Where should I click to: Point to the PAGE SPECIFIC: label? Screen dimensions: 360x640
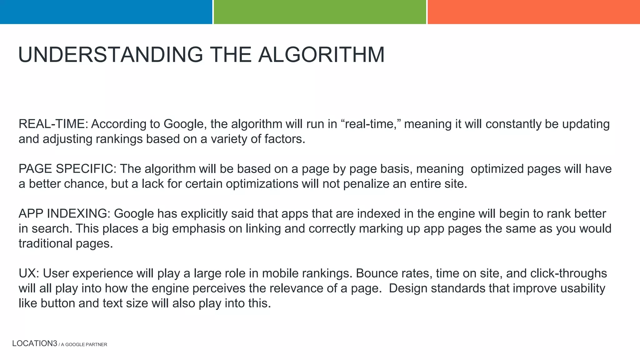[x=67, y=169]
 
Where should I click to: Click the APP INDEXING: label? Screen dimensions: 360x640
[x=64, y=214]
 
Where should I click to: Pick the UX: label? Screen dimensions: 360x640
[x=29, y=273]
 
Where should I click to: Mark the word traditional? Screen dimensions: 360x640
[x=45, y=243]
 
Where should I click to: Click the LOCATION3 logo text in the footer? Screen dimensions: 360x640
[x=35, y=343]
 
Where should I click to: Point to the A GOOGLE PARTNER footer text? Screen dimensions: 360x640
[x=84, y=344]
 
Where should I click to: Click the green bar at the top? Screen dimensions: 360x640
[x=320, y=12]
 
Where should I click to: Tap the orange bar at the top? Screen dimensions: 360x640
[x=533, y=12]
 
